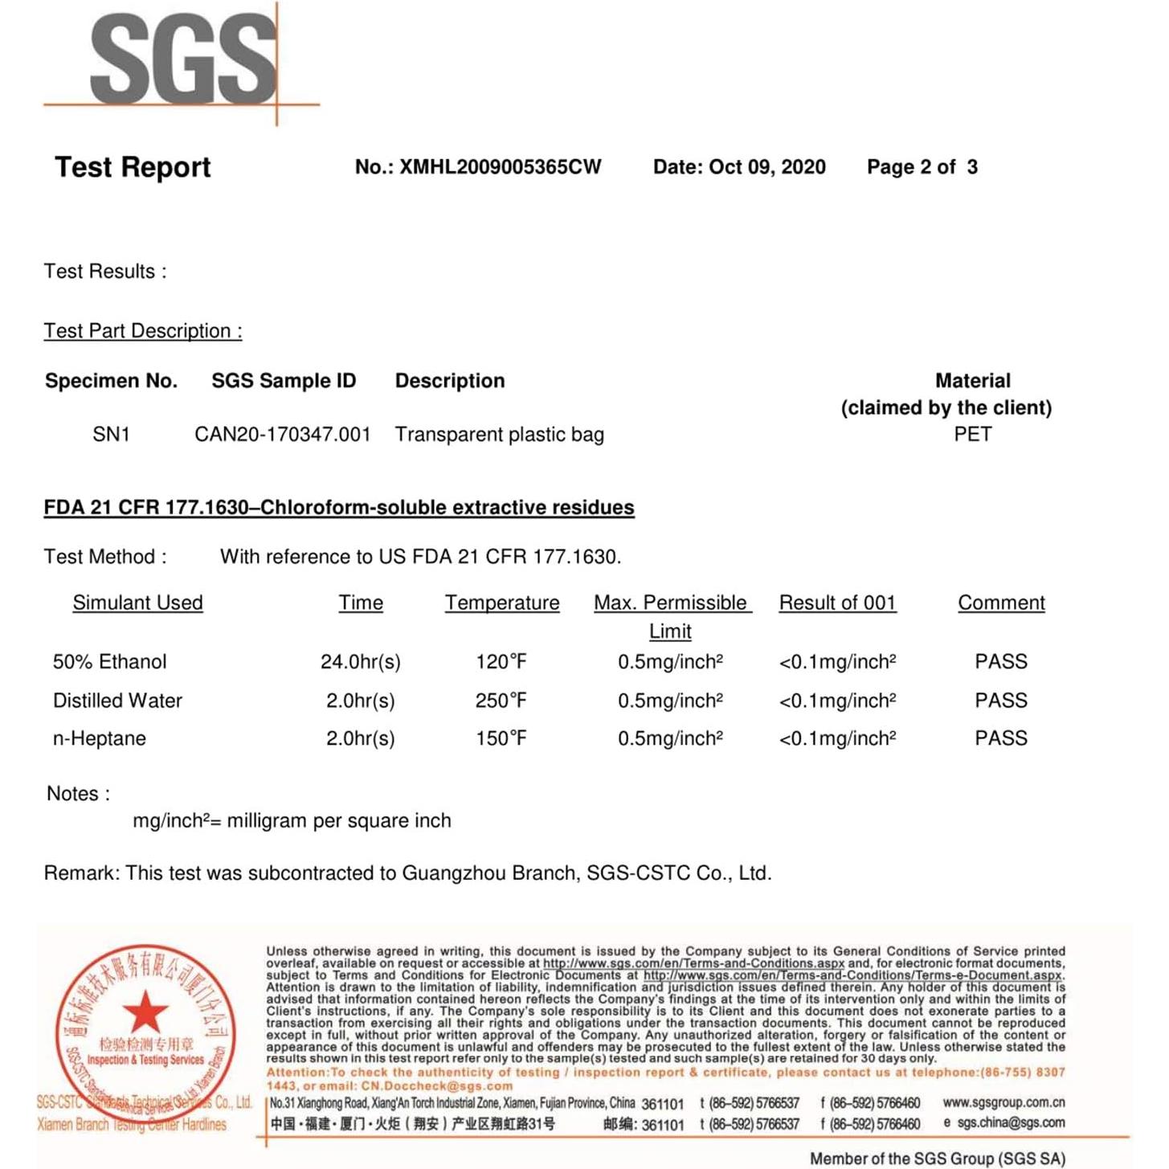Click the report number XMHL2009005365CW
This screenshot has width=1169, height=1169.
coord(500,167)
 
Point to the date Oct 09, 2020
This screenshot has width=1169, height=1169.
coord(766,167)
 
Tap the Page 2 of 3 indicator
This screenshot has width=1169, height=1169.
coord(922,167)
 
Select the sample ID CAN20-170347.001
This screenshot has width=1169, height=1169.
coord(283,435)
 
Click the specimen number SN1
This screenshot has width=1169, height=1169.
coord(111,435)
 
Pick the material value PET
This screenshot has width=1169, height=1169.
coord(972,435)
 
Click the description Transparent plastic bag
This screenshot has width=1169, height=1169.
coord(499,435)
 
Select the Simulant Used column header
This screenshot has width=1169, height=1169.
coord(137,603)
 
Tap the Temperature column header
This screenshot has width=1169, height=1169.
coord(502,603)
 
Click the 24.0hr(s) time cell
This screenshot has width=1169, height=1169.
coord(360,662)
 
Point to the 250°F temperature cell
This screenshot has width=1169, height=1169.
coord(501,701)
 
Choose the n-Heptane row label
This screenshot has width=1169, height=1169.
coord(100,738)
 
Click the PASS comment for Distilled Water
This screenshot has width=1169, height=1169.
coord(1000,701)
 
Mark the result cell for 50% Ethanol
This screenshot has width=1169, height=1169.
coord(837,662)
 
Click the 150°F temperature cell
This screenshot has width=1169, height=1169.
coord(501,738)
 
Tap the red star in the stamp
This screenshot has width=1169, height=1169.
coord(145,1011)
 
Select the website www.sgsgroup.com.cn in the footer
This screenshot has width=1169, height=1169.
coord(1003,1102)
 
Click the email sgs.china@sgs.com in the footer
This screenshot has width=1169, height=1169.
coord(1011,1122)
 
